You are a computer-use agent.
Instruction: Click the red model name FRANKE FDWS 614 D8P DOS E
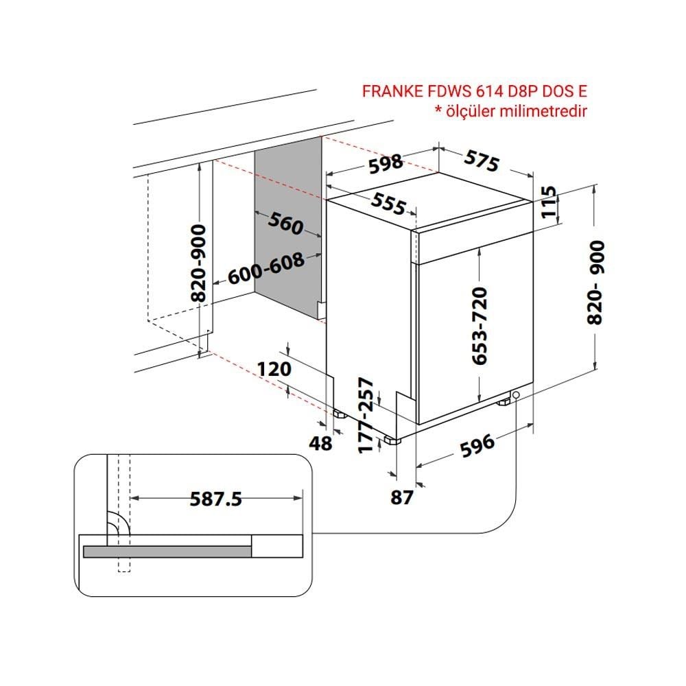click(474, 91)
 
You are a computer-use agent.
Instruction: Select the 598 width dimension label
click(385, 164)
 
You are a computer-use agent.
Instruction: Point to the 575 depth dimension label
click(482, 161)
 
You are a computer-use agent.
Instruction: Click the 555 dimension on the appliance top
click(388, 204)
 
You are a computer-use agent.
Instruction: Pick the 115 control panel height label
click(549, 202)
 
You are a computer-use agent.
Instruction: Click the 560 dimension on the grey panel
click(285, 223)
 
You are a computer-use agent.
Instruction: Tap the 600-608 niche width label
click(266, 268)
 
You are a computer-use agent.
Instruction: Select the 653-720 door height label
click(480, 326)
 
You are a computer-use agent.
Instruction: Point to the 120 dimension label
click(274, 369)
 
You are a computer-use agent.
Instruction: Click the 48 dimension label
click(320, 444)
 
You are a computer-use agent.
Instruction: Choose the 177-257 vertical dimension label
click(366, 416)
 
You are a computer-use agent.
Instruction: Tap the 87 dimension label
click(401, 497)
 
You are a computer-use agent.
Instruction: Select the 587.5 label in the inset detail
click(215, 499)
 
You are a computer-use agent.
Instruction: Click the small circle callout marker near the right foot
click(517, 395)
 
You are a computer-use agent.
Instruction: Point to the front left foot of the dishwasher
click(392, 440)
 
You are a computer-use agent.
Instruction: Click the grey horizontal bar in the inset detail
click(167, 552)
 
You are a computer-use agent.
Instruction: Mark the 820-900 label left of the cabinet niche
click(199, 263)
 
